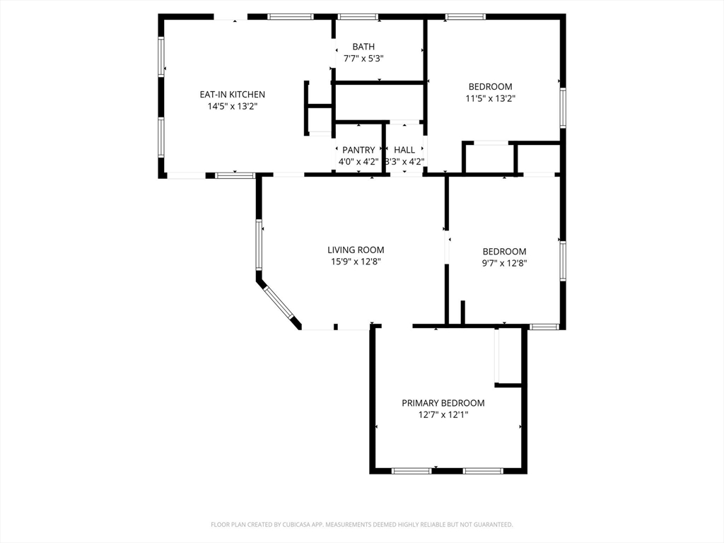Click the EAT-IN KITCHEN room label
coord(232,94)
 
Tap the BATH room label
coord(363,47)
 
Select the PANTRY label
coord(358,150)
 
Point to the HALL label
coord(404,150)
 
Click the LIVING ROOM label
coord(356,250)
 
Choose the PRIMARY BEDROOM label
coord(443,403)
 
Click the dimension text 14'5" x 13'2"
coord(232,106)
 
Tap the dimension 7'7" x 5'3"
coord(363,59)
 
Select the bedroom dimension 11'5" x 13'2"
coord(491,98)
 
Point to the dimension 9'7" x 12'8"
coord(504,263)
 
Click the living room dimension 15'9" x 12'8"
coord(356,262)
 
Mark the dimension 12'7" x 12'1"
coord(443,414)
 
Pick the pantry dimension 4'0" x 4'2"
coord(358,162)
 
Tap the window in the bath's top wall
coord(358,17)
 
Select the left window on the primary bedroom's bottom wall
coord(411,471)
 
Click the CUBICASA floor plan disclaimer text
coord(362,525)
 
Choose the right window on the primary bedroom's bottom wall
coord(483,471)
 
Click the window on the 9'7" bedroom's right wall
coord(563,260)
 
